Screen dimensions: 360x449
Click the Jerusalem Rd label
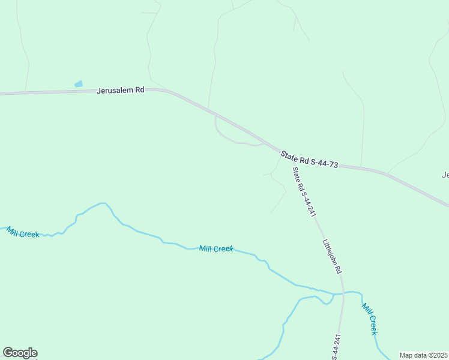121,90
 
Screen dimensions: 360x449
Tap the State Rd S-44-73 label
309,160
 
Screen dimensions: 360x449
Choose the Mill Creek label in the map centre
216,248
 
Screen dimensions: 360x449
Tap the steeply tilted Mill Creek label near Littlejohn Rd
370,319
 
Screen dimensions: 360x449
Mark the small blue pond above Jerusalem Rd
79,84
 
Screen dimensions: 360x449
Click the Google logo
20,353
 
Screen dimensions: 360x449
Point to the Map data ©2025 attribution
423,355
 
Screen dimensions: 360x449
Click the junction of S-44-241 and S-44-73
282,152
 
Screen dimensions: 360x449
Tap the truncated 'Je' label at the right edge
445,175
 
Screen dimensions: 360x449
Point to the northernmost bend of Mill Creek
103,203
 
